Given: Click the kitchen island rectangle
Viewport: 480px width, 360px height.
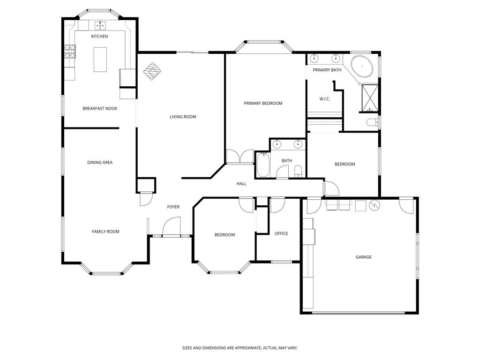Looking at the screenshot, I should (x=100, y=60).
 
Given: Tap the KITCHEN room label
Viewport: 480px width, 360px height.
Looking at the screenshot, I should (x=99, y=37).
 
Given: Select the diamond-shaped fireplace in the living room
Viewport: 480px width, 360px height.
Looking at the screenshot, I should (x=152, y=72).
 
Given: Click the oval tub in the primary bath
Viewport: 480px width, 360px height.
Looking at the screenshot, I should (x=362, y=67).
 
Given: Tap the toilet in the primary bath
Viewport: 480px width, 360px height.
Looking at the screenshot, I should (x=373, y=123).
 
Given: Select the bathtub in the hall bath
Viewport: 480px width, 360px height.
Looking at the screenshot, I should (x=263, y=165).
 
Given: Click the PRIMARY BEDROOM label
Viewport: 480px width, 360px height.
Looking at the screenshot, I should (x=263, y=103).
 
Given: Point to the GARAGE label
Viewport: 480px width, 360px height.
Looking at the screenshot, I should (x=363, y=257).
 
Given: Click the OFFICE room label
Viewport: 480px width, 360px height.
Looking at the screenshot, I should (x=281, y=233).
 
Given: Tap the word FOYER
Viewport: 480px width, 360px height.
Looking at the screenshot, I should (x=173, y=207).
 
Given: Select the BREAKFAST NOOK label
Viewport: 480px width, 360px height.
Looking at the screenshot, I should (x=100, y=108).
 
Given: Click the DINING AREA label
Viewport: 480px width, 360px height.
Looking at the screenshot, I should (x=100, y=163).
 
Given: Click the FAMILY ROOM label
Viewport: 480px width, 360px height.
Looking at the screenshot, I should (x=105, y=232).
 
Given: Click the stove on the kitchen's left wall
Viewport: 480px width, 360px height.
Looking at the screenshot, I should (x=69, y=51).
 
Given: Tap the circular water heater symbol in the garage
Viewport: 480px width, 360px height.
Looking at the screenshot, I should (x=375, y=205).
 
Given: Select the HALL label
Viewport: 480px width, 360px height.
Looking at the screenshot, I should (x=241, y=184).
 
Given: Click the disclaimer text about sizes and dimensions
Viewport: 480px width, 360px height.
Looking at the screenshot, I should (x=240, y=348).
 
